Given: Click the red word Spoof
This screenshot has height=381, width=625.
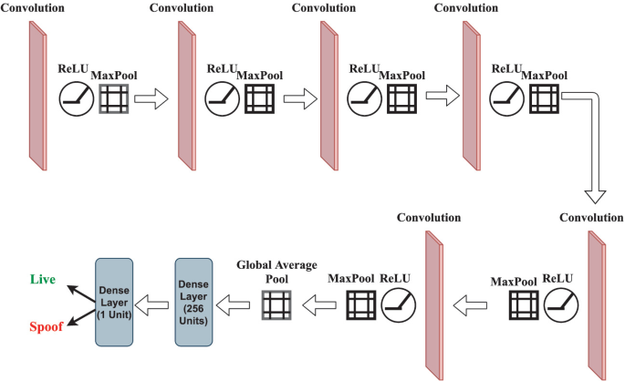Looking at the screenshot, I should click(46, 326).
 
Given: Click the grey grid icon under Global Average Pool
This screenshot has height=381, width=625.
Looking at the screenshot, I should click(276, 303).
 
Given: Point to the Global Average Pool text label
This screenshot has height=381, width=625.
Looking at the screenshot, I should click(276, 271).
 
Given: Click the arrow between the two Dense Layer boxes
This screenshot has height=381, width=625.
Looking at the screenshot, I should click(156, 302).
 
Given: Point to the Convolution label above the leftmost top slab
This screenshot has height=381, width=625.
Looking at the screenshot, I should click(32, 7).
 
